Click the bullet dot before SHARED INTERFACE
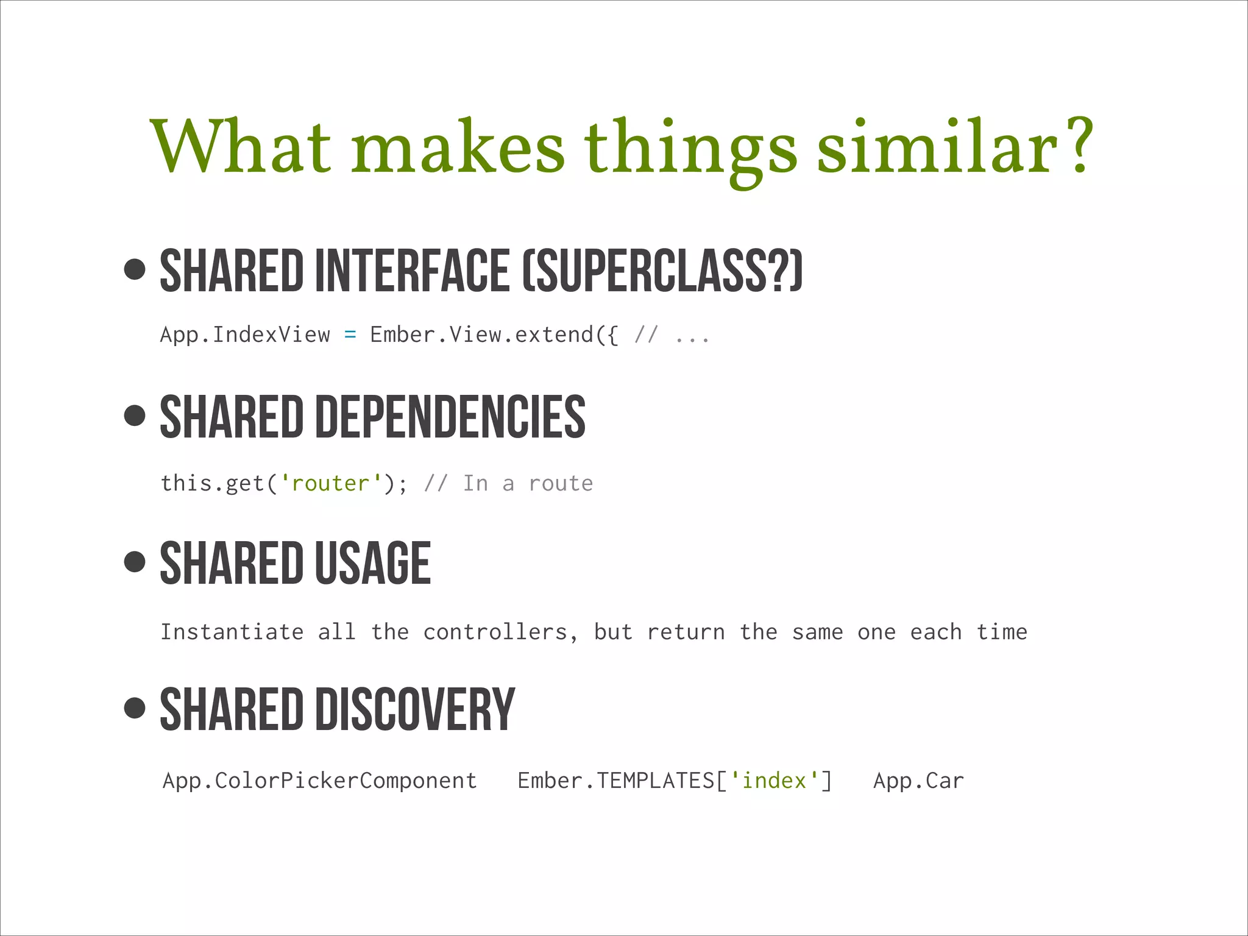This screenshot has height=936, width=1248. click(135, 269)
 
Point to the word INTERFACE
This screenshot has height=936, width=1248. click(412, 271)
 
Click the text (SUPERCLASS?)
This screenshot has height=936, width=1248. click(662, 271)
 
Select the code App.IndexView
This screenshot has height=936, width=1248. click(244, 335)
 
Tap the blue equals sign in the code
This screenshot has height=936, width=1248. click(350, 335)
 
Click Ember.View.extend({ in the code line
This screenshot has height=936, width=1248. click(494, 335)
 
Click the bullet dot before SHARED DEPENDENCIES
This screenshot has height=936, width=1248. click(135, 416)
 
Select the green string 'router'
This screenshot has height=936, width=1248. click(330, 483)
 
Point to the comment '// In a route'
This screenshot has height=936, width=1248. click(508, 483)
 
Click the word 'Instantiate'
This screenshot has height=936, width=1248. click(232, 632)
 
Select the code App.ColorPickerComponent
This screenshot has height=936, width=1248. click(319, 781)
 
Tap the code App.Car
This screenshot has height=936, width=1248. click(918, 781)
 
